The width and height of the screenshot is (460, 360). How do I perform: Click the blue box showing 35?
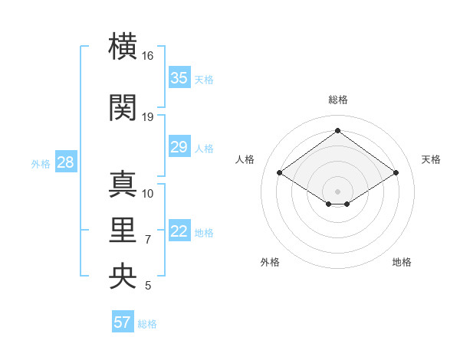click(x=179, y=78)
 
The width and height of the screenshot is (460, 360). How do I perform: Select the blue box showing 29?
click(x=179, y=147)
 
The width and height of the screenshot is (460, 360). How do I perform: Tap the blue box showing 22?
click(x=179, y=232)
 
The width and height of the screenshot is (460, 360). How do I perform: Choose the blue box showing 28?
click(x=65, y=162)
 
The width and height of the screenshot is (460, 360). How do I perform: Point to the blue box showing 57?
click(x=123, y=322)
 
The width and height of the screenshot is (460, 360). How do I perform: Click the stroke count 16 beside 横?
click(x=147, y=56)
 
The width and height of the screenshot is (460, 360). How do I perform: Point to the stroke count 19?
click(x=148, y=117)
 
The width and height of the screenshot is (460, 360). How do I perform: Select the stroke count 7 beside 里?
click(x=148, y=240)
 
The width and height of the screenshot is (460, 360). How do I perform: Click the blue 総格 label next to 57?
click(x=147, y=324)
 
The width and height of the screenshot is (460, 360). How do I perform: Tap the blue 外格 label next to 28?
click(x=40, y=163)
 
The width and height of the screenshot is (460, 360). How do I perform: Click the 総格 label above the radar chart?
click(x=337, y=100)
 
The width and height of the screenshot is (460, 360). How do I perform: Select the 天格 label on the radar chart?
click(x=431, y=159)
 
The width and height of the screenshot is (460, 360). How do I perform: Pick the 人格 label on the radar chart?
click(x=245, y=159)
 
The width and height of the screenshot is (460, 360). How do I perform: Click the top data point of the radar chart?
click(x=337, y=131)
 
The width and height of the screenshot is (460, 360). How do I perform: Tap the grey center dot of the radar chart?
click(x=337, y=190)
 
